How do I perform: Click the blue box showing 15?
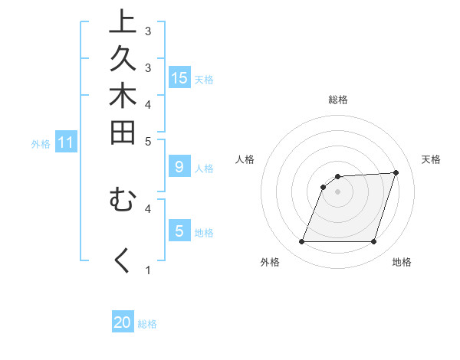pyautogui.click(x=179, y=78)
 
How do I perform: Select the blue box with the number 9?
pyautogui.click(x=179, y=167)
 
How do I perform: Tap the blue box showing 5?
pyautogui.click(x=179, y=231)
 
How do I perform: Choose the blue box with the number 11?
pyautogui.click(x=66, y=142)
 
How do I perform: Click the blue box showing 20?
pyautogui.click(x=123, y=322)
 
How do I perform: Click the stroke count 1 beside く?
pyautogui.click(x=148, y=270)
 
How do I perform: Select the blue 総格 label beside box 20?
pyautogui.click(x=147, y=324)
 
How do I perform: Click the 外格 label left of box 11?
pyautogui.click(x=41, y=143)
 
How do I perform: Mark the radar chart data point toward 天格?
pyautogui.click(x=396, y=172)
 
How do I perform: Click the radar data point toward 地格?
pyautogui.click(x=373, y=242)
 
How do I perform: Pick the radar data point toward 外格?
pyautogui.click(x=301, y=242)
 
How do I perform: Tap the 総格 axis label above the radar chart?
pyautogui.click(x=337, y=100)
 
